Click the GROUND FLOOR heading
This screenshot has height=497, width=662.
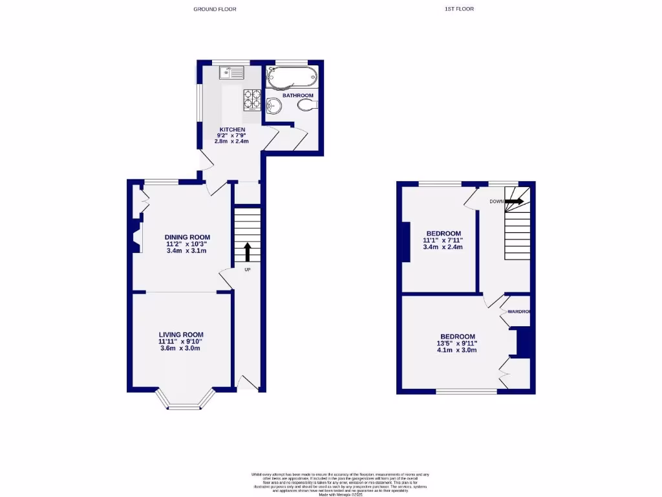point(215,9)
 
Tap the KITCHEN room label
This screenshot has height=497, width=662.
point(232,129)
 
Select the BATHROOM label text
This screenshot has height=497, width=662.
point(297,95)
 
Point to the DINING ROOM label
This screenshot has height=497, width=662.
point(187,237)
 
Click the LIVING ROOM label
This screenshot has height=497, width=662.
point(180,335)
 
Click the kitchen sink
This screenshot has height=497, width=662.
point(231,72)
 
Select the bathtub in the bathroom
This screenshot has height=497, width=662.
point(292,76)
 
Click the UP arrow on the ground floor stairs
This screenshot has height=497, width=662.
point(246,252)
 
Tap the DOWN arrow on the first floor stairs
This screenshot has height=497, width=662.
point(515,201)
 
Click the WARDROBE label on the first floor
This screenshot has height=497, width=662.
point(518,312)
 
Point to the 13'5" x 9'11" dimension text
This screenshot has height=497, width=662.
point(457,344)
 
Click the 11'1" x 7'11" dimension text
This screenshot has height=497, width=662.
point(443,240)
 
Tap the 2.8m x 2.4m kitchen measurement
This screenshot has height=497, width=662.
point(232,142)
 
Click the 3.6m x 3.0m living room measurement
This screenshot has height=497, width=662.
point(180,348)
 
